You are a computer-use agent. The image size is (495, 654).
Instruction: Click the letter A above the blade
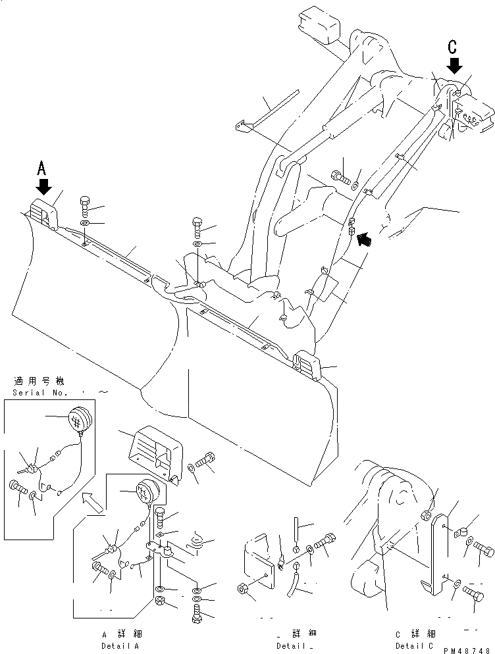pyautogui.click(x=42, y=168)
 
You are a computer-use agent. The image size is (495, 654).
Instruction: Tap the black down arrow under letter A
pyautogui.click(x=43, y=187)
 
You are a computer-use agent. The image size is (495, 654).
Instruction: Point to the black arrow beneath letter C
pyautogui.click(x=454, y=66)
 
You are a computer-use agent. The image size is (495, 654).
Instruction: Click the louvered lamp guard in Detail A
pyautogui.click(x=153, y=455)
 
